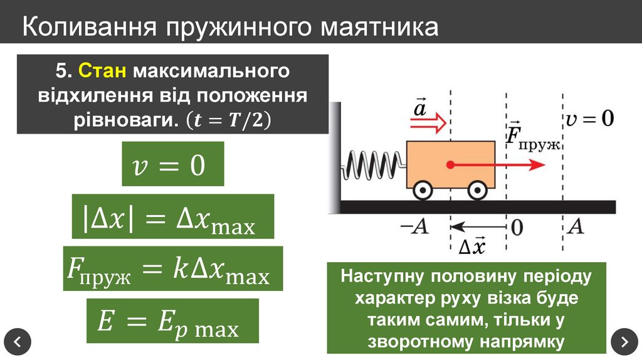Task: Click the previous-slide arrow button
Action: pyautogui.click(x=17, y=342)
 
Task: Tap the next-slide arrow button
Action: pyautogui.click(x=624, y=342)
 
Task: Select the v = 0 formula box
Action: pyautogui.click(x=172, y=164)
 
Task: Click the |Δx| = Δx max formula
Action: pyautogui.click(x=173, y=216)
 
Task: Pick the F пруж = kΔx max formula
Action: pyautogui.click(x=172, y=268)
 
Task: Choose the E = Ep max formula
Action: pyautogui.click(x=172, y=320)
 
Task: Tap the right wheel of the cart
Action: pyautogui.click(x=478, y=189)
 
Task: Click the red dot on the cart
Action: pyautogui.click(x=450, y=165)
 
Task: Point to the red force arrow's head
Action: pyautogui.click(x=536, y=165)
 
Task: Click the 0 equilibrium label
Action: pyautogui.click(x=516, y=227)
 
